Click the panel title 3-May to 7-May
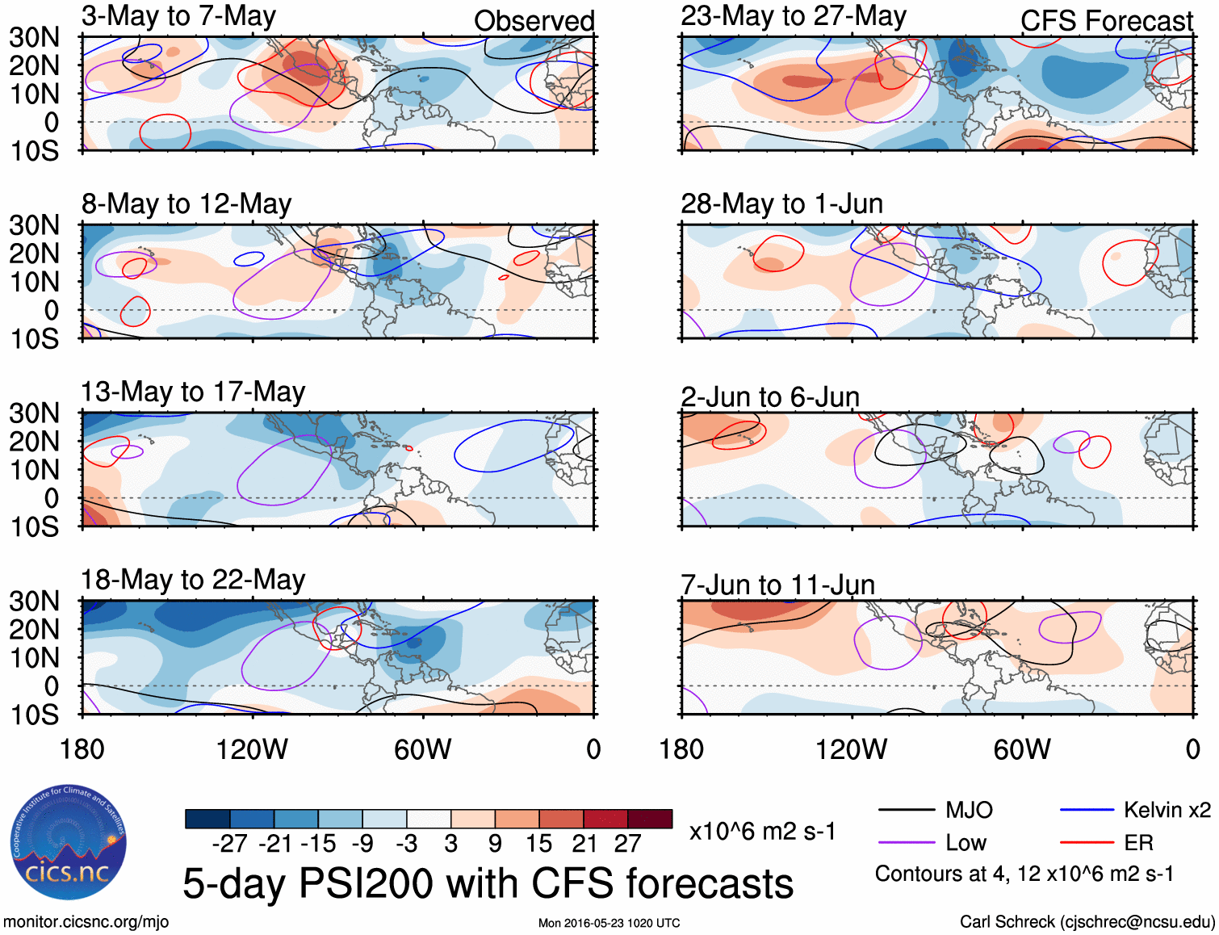click(x=178, y=16)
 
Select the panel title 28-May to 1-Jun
click(x=781, y=203)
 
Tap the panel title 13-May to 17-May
click(x=193, y=392)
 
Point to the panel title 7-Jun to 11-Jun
click(x=777, y=584)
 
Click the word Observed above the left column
click(x=534, y=21)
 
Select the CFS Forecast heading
click(x=1106, y=21)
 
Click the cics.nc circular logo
click(x=69, y=843)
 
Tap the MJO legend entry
click(x=969, y=810)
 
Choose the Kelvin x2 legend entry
click(x=1167, y=810)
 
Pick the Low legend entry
click(x=966, y=843)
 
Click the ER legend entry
click(x=1138, y=843)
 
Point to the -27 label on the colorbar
click(x=229, y=844)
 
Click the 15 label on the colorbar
click(x=538, y=844)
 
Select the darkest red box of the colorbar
click(x=650, y=819)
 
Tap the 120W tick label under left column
click(x=252, y=749)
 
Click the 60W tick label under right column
click(x=1022, y=749)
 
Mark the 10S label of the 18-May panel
click(x=35, y=715)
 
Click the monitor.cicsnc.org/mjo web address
click(x=86, y=922)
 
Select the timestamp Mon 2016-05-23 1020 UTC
click(x=609, y=923)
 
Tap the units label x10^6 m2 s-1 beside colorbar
click(x=762, y=831)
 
